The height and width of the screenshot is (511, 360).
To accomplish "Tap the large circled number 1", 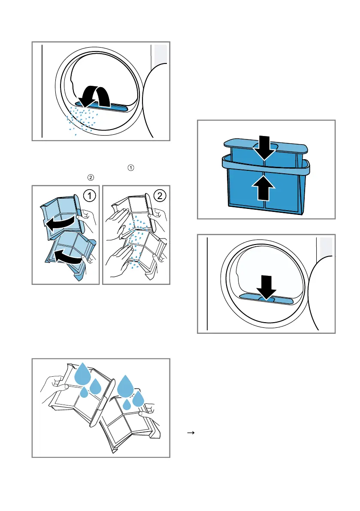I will click(89, 197).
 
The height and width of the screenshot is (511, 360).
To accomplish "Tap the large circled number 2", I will click(159, 197).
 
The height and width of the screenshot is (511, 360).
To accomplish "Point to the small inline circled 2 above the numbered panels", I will click(90, 177).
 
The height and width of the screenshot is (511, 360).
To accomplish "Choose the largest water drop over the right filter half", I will click(126, 385).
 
